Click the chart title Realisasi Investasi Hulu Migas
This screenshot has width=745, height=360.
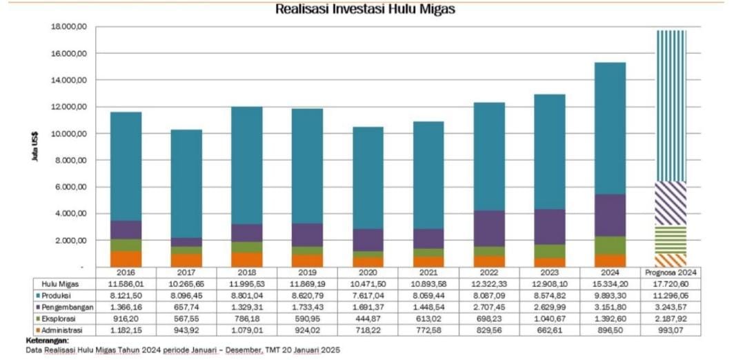pos(365,10)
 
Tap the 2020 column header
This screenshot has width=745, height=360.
pos(368,272)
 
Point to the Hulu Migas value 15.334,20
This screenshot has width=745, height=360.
pos(611,283)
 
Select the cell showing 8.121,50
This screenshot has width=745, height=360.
pos(126,294)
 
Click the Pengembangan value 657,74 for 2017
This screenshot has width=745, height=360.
pos(186,306)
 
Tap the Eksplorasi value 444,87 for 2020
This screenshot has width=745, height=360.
pos(368,319)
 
